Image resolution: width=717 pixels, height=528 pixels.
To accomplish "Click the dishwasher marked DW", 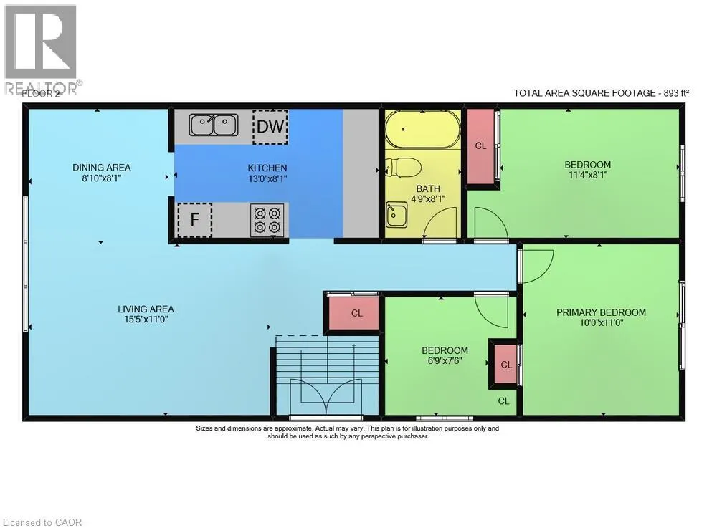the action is point(270,127).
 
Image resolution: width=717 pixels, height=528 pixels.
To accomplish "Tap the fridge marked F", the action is point(194,220).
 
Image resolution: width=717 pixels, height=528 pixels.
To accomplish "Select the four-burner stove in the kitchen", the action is point(267,220).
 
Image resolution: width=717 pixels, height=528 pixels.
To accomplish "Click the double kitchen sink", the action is point(214,125).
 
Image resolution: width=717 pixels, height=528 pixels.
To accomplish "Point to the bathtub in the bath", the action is point(422,129).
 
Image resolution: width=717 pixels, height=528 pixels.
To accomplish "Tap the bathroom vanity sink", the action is point(397,215).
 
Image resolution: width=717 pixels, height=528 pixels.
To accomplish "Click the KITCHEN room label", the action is point(267,168).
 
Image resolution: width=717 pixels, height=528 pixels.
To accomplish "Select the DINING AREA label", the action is point(102,168).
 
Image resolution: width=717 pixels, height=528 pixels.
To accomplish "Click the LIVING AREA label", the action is point(146,309).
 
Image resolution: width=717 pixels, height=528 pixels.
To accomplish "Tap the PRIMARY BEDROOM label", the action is point(602,312).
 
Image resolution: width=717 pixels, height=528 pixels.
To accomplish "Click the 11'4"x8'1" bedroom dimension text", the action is point(588,175).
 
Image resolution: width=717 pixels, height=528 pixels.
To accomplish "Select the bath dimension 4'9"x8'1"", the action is point(428,199).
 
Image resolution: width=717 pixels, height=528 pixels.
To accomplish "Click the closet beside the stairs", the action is point(356,313).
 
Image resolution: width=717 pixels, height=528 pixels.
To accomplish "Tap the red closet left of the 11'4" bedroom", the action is point(480,145).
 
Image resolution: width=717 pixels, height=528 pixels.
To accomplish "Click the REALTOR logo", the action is point(41,49).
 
